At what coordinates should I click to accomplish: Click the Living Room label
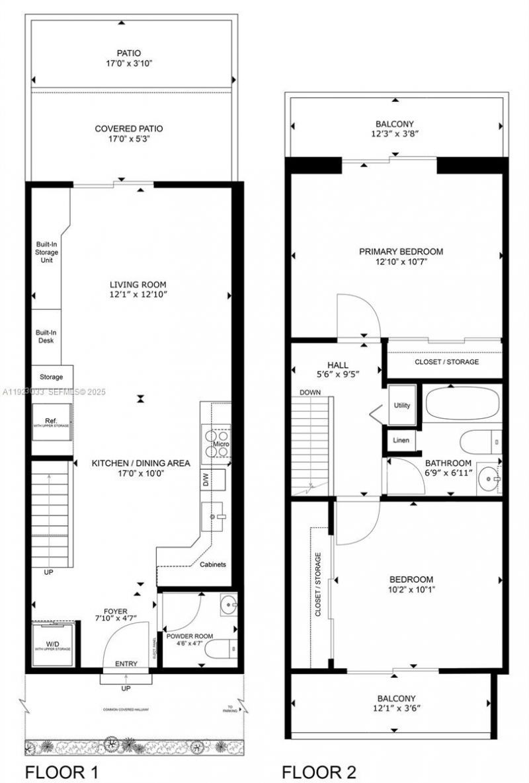point(138,285)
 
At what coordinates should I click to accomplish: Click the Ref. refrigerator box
point(51,423)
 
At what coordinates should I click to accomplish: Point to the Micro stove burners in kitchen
point(216,439)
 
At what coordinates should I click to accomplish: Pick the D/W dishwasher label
point(206,480)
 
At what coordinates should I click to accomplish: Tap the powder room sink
point(227,605)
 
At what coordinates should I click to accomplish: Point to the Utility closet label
point(401,405)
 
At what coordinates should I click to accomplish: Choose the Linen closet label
point(401,440)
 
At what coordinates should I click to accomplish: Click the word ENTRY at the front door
point(126,663)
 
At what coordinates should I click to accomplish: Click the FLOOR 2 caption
point(320,771)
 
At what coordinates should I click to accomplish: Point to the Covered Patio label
point(129,128)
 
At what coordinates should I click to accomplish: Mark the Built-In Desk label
point(45,336)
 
